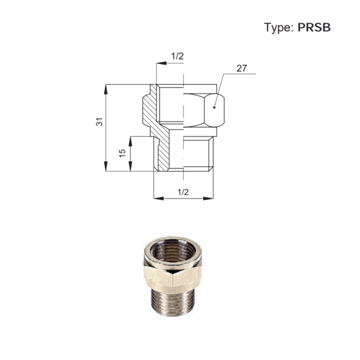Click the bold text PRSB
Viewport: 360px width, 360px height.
click(x=314, y=27)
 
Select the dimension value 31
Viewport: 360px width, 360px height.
click(x=99, y=122)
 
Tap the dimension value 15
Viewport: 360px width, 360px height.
click(x=122, y=153)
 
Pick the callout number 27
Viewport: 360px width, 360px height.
click(x=241, y=68)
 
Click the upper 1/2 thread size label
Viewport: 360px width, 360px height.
click(x=178, y=56)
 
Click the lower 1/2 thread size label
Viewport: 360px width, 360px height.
click(x=183, y=192)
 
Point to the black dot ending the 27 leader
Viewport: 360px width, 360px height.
click(x=214, y=107)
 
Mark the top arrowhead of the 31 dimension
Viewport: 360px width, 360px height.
click(x=105, y=90)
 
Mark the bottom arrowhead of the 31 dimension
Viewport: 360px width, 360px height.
click(x=105, y=166)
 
